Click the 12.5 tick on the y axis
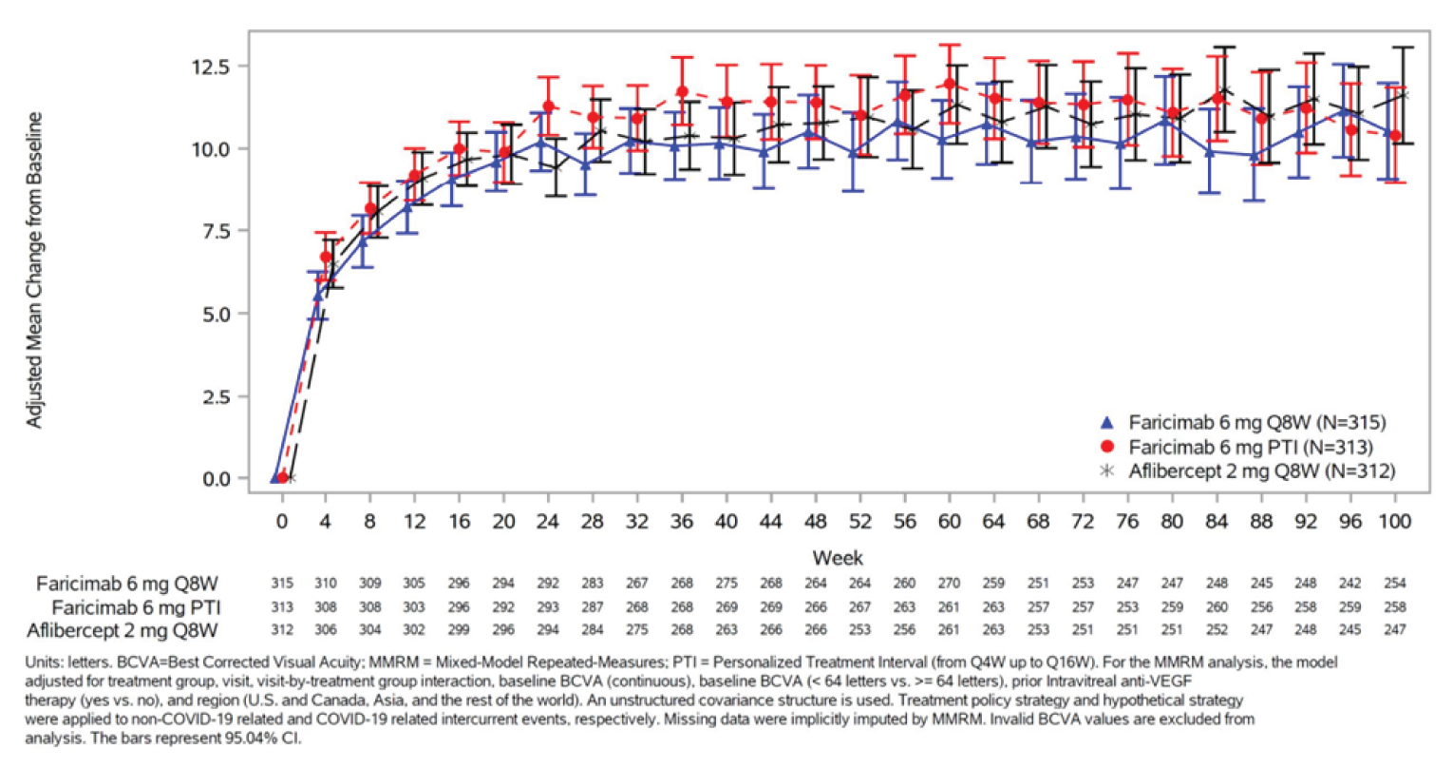[x=211, y=67]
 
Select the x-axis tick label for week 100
[x=1393, y=522]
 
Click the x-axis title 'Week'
[x=838, y=558]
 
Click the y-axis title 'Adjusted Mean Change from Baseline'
[x=35, y=270]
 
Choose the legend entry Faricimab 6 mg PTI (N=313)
[x=1250, y=447]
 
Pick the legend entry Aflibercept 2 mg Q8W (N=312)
[x=1261, y=470]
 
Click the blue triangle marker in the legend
[x=1106, y=423]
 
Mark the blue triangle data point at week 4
[x=318, y=297]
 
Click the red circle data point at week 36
[x=682, y=92]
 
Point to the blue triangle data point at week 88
[x=1255, y=156]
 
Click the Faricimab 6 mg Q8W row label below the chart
[x=127, y=584]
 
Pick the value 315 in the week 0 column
[x=281, y=584]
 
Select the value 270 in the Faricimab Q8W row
[x=949, y=584]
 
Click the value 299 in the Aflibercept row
[x=459, y=629]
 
